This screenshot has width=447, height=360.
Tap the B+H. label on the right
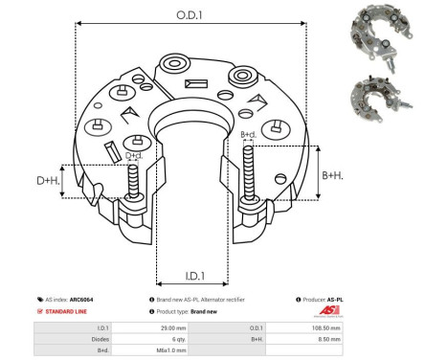(332, 175)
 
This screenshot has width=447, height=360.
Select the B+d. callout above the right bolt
(248, 135)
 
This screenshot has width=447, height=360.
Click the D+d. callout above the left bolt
(134, 154)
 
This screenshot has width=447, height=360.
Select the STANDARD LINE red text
(66, 312)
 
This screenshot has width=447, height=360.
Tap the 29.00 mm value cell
(172, 327)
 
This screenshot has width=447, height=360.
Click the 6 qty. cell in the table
(172, 338)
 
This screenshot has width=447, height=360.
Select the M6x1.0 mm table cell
(172, 349)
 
